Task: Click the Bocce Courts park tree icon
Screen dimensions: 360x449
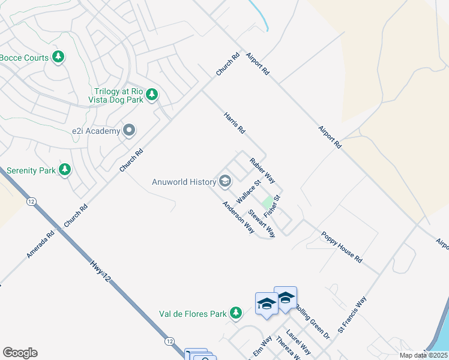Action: pos(58,57)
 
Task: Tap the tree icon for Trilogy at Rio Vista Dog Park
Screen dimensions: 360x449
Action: pos(152,94)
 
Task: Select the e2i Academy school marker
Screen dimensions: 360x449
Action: pos(129,130)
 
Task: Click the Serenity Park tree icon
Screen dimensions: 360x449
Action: pos(65,170)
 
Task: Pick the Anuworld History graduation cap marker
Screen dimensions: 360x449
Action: pos(226,181)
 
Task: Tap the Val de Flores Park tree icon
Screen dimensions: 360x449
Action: pos(237,313)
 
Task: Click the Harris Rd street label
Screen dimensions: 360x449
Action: pos(235,122)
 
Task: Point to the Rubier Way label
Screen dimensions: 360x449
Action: pos(262,170)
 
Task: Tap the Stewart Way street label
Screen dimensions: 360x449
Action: pos(262,223)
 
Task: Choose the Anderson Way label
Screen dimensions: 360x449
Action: pos(238,217)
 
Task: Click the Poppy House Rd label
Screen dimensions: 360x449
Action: pos(342,247)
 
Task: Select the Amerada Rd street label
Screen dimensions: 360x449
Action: pos(40,245)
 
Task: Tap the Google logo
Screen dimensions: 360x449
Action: pos(20,353)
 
